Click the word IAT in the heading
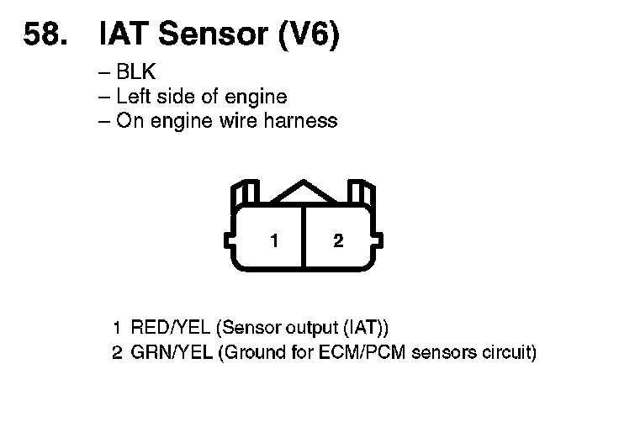pyautogui.click(x=124, y=35)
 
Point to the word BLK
pyautogui.click(x=136, y=73)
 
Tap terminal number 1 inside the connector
pyautogui.click(x=274, y=241)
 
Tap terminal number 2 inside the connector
pyautogui.click(x=338, y=241)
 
